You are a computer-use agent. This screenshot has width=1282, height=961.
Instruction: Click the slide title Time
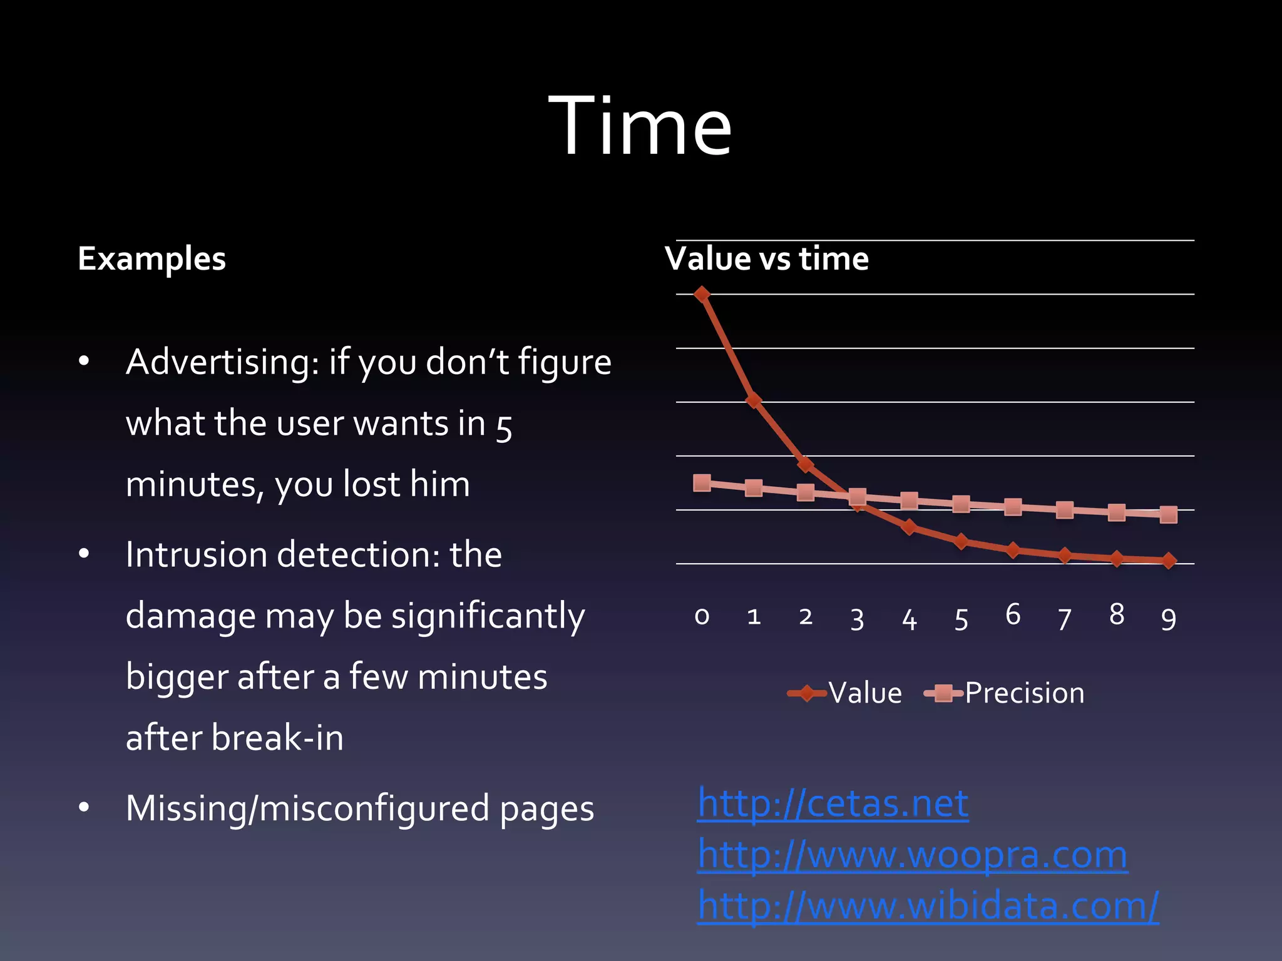point(640,125)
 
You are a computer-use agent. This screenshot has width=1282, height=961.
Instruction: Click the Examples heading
point(151,259)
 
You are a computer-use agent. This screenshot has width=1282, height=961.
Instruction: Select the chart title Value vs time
point(767,259)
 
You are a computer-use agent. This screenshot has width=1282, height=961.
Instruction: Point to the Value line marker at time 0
point(702,294)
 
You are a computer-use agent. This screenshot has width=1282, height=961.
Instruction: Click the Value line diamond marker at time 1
point(754,400)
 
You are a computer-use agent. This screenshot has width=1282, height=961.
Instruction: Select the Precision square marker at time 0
point(702,482)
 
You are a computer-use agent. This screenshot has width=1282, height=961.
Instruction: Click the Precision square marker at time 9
point(1168,515)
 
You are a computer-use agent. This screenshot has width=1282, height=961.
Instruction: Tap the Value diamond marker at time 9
point(1168,561)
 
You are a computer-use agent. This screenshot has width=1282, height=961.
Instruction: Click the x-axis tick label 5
point(961,619)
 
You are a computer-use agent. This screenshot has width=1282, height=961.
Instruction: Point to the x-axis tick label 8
point(1116,615)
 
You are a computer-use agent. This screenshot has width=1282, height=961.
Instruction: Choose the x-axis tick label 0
point(702,617)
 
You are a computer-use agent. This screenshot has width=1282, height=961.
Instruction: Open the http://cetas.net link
point(833,803)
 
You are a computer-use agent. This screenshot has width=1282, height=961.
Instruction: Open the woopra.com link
point(912,855)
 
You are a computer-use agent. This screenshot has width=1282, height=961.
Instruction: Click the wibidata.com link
point(928,905)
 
